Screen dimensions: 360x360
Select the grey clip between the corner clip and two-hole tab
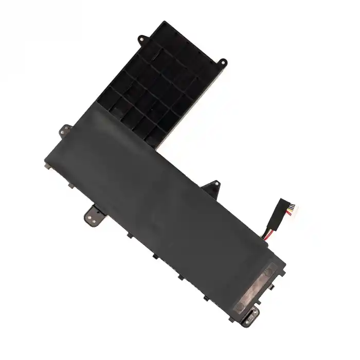[68, 186]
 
